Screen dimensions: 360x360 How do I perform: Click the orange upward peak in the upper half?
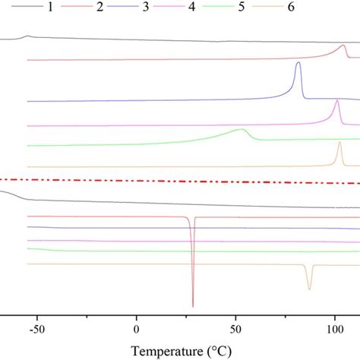pos(339,143)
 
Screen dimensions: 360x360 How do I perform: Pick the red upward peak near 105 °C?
pos(343,46)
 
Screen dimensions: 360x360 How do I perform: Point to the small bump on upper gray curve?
pos(28,36)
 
